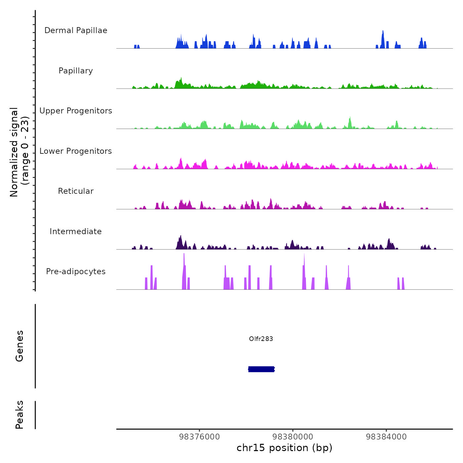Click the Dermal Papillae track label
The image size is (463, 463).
[76, 30]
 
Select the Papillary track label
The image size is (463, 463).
[76, 71]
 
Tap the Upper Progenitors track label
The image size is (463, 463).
[76, 111]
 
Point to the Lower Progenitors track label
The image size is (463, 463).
[76, 151]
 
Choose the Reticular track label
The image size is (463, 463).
[76, 191]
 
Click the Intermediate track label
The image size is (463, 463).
[76, 232]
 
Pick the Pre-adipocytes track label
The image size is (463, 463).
[76, 272]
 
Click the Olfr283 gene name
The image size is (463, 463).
[261, 339]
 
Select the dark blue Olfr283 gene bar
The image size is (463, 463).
[261, 369]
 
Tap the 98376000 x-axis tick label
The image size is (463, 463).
[199, 437]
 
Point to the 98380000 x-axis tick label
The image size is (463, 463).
[293, 437]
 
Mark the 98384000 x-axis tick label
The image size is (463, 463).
[386, 437]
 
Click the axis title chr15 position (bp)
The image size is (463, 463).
[284, 448]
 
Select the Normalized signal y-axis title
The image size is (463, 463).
[19, 152]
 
